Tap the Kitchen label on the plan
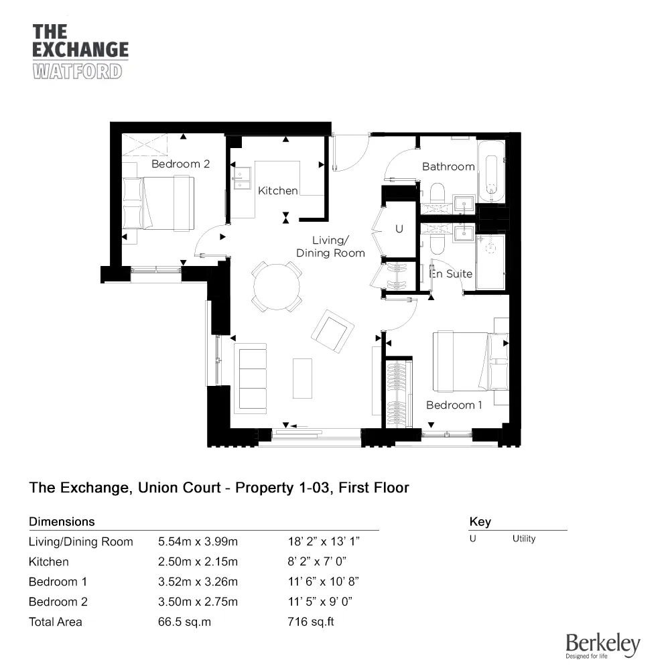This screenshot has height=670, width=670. (278, 191)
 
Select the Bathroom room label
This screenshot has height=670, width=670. (448, 166)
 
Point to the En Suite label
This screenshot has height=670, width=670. (451, 273)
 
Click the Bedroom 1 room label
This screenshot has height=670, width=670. (454, 405)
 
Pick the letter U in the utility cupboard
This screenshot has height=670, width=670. (399, 229)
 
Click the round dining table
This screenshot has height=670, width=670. (277, 286)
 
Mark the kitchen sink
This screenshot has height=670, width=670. (240, 176)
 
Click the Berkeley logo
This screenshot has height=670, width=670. (603, 645)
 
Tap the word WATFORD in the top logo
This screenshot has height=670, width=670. (78, 71)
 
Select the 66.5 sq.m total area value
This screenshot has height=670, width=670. (184, 622)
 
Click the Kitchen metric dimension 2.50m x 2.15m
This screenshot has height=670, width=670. (198, 561)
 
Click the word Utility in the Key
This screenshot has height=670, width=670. (524, 539)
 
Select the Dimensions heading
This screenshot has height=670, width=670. (62, 521)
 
